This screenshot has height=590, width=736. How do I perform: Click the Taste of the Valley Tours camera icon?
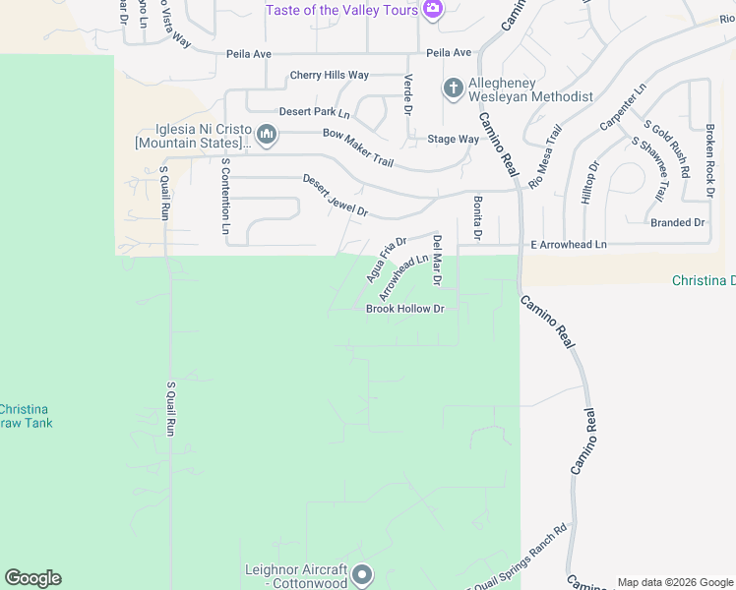click(x=433, y=10)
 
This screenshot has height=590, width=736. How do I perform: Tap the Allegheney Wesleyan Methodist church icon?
click(x=453, y=89)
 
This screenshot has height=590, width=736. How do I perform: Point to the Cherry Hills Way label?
click(x=329, y=76)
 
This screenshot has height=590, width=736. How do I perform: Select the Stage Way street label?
click(x=453, y=140)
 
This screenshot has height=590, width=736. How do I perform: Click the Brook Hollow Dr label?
click(x=405, y=309)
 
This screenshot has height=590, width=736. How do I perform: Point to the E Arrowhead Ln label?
click(x=569, y=244)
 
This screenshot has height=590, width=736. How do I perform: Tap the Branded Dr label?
click(x=678, y=223)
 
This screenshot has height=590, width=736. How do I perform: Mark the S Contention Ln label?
click(x=225, y=196)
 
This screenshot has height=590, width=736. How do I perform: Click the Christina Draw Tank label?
click(x=26, y=416)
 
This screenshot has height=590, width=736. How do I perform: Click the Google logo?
click(x=32, y=578)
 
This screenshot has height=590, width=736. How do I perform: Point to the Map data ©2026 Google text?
click(x=674, y=582)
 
